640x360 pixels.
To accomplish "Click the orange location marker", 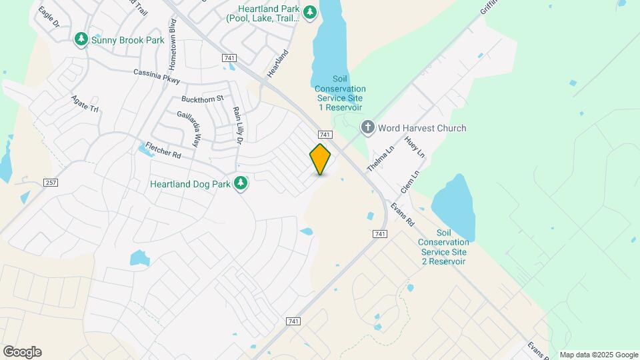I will [320, 159].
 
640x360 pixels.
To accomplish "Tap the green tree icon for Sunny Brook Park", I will [81, 40].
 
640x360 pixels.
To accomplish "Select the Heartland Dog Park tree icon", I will [241, 183].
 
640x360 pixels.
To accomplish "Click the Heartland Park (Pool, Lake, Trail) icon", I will [309, 13].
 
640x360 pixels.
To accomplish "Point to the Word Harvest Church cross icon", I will [367, 127].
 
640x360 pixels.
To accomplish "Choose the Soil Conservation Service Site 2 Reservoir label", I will [443, 247].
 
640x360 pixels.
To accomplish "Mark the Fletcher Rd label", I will [163, 150].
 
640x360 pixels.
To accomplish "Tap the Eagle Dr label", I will [49, 17].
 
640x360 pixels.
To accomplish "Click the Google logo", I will [22, 352].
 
